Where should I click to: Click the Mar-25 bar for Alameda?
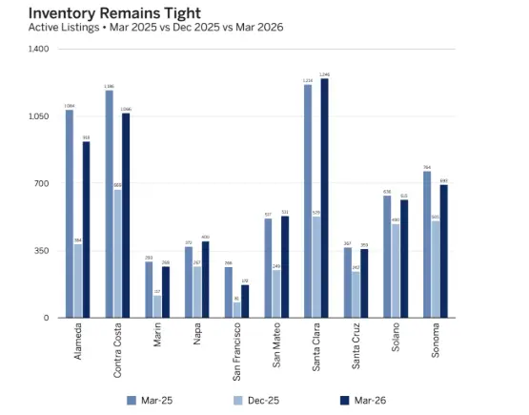(70, 214)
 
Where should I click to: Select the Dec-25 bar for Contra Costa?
(118, 254)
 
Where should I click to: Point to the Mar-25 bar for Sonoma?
(427, 244)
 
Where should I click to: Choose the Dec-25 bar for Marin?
(157, 306)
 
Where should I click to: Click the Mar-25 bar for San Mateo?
(269, 268)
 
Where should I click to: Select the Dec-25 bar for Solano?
(396, 271)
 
